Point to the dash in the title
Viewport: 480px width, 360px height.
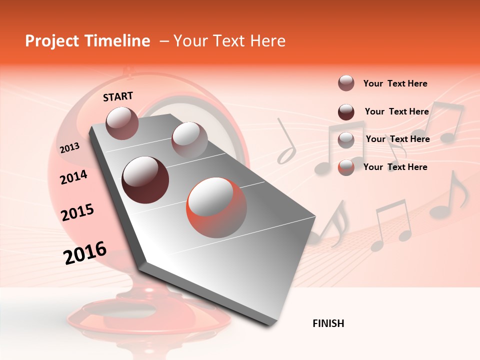164,41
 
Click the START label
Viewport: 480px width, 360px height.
118,96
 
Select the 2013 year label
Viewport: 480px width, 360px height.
69,147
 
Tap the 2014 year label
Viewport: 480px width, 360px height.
73,177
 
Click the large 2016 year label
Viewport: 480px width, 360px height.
85,253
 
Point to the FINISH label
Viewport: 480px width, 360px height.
328,323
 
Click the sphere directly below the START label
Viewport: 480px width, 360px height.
122,123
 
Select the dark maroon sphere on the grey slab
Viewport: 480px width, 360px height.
145,179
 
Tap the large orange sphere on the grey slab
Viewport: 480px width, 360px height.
216,207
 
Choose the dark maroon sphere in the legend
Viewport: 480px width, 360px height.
346,112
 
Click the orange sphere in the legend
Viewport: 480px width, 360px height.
346,167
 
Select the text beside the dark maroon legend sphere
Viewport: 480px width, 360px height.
396,111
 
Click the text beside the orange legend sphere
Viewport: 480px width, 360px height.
395,167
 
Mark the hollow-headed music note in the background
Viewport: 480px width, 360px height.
287,145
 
